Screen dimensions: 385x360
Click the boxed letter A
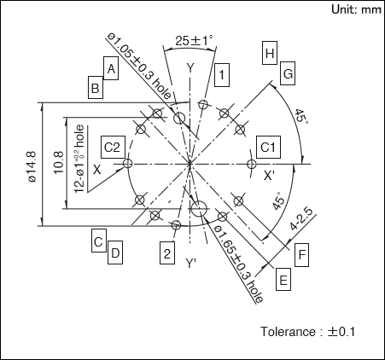[111, 68]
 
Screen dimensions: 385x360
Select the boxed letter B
[96, 87]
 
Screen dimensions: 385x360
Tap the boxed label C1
[268, 148]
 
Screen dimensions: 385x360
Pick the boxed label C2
[113, 148]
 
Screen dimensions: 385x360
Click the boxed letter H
[270, 53]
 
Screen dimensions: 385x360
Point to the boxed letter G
[288, 73]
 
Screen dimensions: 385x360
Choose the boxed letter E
[283, 279]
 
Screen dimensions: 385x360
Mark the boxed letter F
[301, 255]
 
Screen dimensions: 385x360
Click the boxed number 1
[222, 75]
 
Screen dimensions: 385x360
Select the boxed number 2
[167, 253]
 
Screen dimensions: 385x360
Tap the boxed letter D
[115, 253]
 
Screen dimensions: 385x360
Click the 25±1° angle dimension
[194, 40]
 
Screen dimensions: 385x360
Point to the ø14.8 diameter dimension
[32, 166]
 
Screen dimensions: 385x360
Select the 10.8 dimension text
[58, 163]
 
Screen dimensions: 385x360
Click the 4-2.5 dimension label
[301, 219]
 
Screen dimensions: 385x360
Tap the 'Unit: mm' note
[356, 9]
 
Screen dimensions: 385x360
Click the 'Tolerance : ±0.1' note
[307, 332]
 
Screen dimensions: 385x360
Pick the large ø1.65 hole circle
[199, 209]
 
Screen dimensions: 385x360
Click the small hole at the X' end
[251, 164]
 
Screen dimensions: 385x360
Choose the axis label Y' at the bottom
[190, 263]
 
